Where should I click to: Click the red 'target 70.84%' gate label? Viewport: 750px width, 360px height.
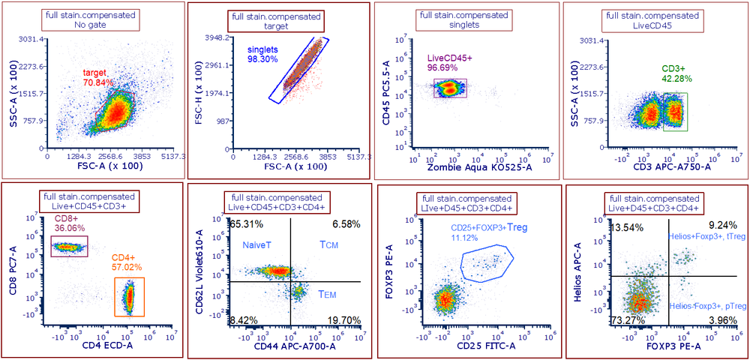(x=98, y=78)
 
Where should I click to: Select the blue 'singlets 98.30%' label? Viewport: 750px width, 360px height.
(x=262, y=54)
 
